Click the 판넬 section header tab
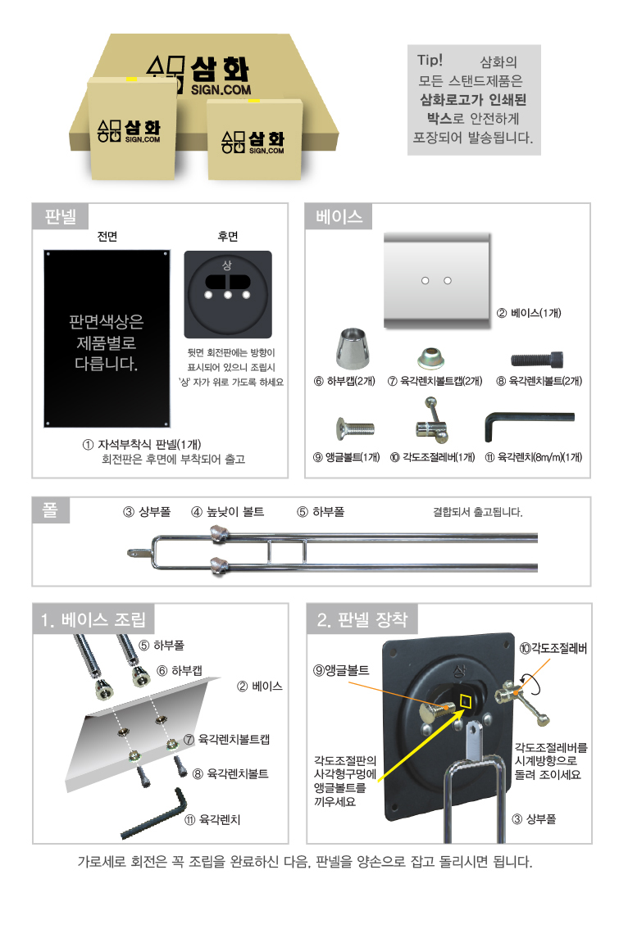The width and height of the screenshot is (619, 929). [x=60, y=216]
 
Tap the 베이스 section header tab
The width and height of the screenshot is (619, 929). [x=339, y=216]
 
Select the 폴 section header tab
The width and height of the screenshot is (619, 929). [x=51, y=510]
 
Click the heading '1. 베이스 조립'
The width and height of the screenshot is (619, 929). [x=93, y=619]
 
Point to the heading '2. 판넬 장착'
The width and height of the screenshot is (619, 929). [x=362, y=619]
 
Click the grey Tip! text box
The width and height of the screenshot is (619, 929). [x=474, y=100]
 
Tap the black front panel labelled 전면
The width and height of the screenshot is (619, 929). [x=107, y=338]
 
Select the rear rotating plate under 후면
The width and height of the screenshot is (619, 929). [x=228, y=294]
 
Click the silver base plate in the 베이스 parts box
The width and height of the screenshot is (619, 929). [x=438, y=280]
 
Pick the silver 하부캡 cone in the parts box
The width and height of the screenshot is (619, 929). [x=354, y=348]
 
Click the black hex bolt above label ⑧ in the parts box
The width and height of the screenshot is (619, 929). [x=537, y=359]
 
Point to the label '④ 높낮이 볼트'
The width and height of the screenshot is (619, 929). [x=228, y=511]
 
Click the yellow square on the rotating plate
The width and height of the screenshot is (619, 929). [x=466, y=701]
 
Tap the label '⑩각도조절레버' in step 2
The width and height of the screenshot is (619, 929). [x=553, y=648]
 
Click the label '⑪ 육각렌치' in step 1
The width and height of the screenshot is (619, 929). [x=212, y=819]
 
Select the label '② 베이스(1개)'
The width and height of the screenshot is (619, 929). [x=528, y=313]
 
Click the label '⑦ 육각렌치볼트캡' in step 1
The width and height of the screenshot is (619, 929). [x=226, y=739]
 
